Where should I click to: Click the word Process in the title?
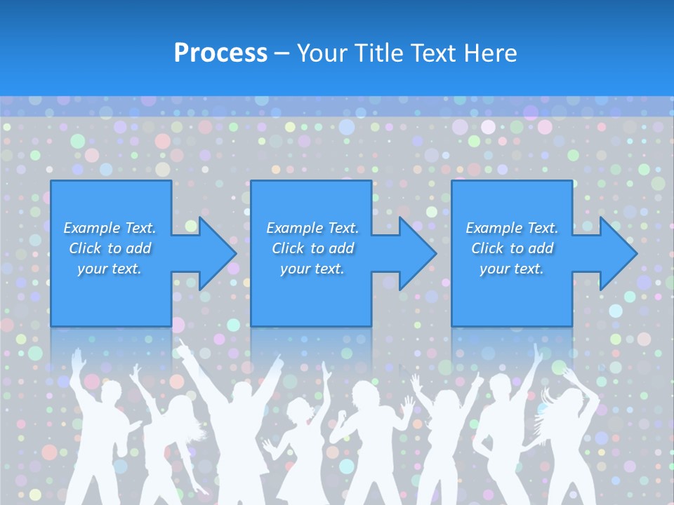tap(220, 53)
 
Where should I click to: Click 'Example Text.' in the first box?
tap(110, 228)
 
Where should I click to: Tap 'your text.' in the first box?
tap(110, 269)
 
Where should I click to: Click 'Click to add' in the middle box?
tap(312, 248)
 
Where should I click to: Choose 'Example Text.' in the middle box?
tap(312, 228)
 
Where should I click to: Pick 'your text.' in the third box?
tap(512, 269)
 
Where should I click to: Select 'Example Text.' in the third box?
tap(512, 228)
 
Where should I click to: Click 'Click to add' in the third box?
tap(512, 248)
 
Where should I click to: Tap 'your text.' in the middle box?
tap(312, 269)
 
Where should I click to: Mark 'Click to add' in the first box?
tap(110, 248)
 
